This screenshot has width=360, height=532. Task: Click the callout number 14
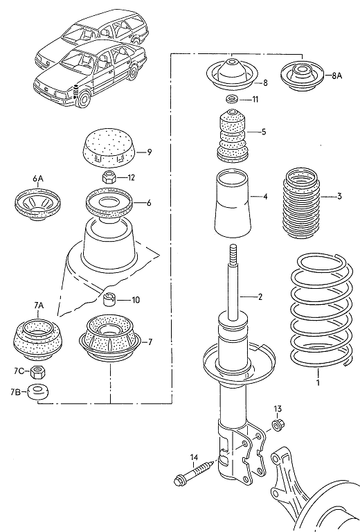tap(194, 458)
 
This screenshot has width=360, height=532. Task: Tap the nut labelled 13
tap(278, 425)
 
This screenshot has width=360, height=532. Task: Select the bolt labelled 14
tap(194, 473)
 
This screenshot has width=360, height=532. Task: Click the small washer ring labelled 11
tap(232, 100)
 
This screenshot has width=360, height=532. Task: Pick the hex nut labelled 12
tap(109, 177)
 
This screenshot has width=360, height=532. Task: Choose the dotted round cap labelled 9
tap(109, 148)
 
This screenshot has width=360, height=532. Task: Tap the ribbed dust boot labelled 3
tap(301, 202)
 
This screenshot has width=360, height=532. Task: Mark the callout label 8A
tap(336, 76)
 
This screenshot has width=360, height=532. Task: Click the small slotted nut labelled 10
tap(109, 299)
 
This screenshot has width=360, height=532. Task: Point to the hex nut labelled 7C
tap(37, 372)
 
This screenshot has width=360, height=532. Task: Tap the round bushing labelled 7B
tap(37, 392)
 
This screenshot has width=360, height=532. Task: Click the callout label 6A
tap(38, 179)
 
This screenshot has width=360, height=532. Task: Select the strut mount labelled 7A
tap(37, 339)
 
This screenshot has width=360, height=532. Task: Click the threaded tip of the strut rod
tap(233, 256)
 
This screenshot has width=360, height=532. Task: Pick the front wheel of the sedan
tap(82, 99)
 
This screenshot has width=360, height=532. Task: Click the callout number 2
tap(260, 297)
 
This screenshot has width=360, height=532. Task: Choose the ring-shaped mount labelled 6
tap(109, 203)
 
